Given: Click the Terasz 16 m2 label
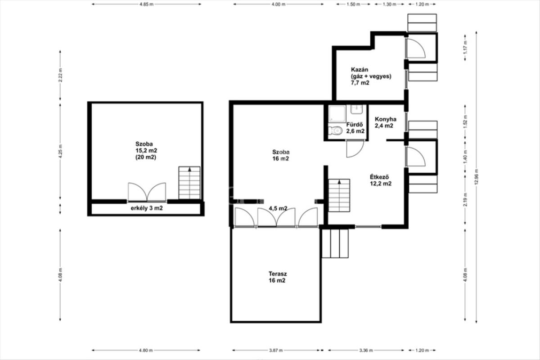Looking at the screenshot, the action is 278,277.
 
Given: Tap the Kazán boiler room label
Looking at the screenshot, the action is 371,76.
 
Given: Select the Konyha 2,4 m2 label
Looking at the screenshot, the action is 386,122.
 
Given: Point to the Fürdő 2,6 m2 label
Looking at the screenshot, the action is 355,128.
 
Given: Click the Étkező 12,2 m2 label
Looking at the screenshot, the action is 381,180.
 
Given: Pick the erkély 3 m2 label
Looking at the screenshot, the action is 147,208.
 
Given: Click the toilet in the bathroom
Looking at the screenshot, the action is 335,130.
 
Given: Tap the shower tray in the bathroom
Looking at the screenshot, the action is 337,113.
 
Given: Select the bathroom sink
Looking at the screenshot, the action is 356,109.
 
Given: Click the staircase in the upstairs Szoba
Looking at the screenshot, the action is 189,183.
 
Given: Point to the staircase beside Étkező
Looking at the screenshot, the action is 339,195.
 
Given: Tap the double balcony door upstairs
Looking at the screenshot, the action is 147,192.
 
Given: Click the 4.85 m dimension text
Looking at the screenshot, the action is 146,4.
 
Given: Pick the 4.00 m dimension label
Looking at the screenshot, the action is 278,4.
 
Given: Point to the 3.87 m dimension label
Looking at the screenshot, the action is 276,351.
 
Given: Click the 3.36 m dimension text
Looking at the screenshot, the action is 366,351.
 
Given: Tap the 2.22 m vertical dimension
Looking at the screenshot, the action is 60,75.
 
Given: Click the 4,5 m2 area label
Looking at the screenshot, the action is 278,208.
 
